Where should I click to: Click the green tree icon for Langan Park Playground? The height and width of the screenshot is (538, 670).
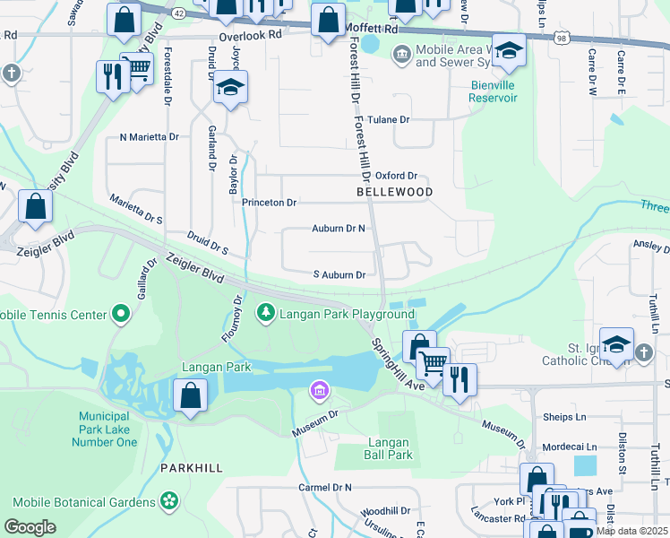click(265, 313)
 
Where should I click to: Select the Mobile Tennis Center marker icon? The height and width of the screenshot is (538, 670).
click(120, 315)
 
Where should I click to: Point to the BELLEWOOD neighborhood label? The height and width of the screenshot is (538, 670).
click(394, 193)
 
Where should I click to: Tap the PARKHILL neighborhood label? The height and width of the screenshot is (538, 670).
click(190, 468)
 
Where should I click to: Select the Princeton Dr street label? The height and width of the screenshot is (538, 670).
click(269, 203)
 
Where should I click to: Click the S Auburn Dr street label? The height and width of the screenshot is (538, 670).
click(339, 275)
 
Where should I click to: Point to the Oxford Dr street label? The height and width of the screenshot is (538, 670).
click(396, 176)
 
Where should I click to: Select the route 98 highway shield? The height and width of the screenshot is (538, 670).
click(562, 39)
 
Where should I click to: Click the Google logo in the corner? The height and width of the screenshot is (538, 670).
click(30, 526)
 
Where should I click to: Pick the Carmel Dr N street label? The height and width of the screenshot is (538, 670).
click(325, 487)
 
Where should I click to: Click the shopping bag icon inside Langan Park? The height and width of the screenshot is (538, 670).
click(191, 396)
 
